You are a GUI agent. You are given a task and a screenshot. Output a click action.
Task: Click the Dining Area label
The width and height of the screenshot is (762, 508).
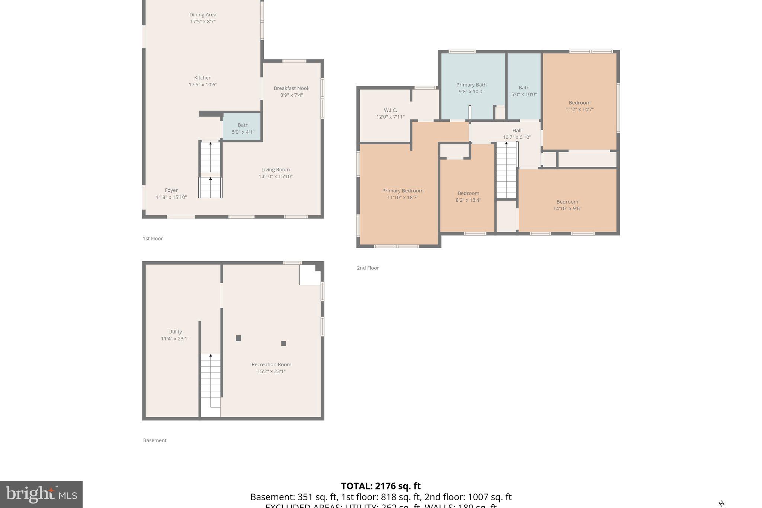pos(203,15)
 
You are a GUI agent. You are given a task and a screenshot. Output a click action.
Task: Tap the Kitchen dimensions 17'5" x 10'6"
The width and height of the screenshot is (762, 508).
pos(203,84)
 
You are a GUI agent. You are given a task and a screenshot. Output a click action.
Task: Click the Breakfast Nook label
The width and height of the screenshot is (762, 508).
pos(291,88)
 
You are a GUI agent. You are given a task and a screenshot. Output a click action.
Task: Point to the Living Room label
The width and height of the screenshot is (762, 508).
pos(275,170)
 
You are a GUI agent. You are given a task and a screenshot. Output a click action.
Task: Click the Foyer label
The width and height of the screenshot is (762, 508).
pos(171,190)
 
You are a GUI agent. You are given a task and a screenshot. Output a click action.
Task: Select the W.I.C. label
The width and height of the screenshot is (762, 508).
pos(390,110)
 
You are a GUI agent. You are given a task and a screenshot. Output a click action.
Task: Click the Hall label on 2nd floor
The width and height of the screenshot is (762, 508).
pos(517,131)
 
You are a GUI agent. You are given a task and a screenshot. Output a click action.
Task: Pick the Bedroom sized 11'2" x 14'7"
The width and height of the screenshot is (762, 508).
pos(579,106)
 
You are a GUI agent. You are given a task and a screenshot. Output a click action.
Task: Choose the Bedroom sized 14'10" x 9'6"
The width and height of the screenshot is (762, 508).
pos(567,205)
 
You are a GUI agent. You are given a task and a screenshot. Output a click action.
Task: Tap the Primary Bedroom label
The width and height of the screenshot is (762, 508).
pos(403,191)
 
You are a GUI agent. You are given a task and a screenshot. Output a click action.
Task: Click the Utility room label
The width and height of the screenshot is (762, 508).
pos(175,332)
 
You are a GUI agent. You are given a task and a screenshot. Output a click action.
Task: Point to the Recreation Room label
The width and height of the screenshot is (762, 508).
pos(271,365)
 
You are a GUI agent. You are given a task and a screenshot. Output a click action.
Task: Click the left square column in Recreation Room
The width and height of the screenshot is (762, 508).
pos(238,338)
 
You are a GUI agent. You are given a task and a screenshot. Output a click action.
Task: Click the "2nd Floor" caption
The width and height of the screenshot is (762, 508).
pos(368,268)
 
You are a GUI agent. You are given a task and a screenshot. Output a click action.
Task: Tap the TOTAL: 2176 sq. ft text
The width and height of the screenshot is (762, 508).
pos(381,486)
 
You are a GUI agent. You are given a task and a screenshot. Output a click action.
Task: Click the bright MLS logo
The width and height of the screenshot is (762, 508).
pos(41,494)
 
